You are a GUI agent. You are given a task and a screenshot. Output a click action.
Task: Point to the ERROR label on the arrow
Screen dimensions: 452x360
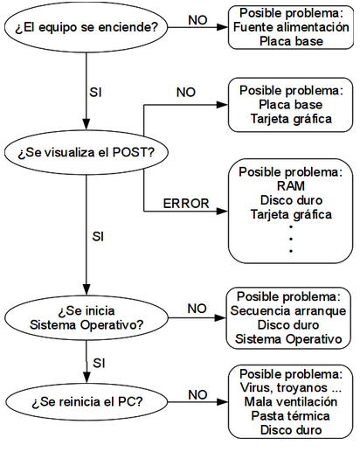click(186, 204)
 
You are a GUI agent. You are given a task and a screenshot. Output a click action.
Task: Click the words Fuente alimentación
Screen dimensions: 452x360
click(290, 27)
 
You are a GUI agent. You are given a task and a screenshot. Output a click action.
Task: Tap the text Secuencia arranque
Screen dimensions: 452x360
click(289, 310)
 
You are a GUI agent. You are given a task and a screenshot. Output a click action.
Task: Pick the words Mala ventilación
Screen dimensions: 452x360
click(290, 401)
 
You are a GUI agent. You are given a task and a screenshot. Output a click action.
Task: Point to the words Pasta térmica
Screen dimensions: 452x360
click(290, 415)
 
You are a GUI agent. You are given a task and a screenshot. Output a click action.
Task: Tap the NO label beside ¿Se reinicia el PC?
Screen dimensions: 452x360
click(197, 393)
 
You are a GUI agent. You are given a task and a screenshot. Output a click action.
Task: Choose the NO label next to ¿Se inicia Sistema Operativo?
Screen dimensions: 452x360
click(197, 309)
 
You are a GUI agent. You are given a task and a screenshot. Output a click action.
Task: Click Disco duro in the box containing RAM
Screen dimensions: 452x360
click(290, 199)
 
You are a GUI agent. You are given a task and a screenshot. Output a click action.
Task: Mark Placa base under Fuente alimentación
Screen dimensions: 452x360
click(290, 41)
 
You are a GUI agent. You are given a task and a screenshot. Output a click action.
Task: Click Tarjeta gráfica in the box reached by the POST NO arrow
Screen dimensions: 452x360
click(290, 118)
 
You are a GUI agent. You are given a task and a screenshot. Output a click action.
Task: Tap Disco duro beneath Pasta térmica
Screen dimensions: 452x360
click(290, 429)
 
